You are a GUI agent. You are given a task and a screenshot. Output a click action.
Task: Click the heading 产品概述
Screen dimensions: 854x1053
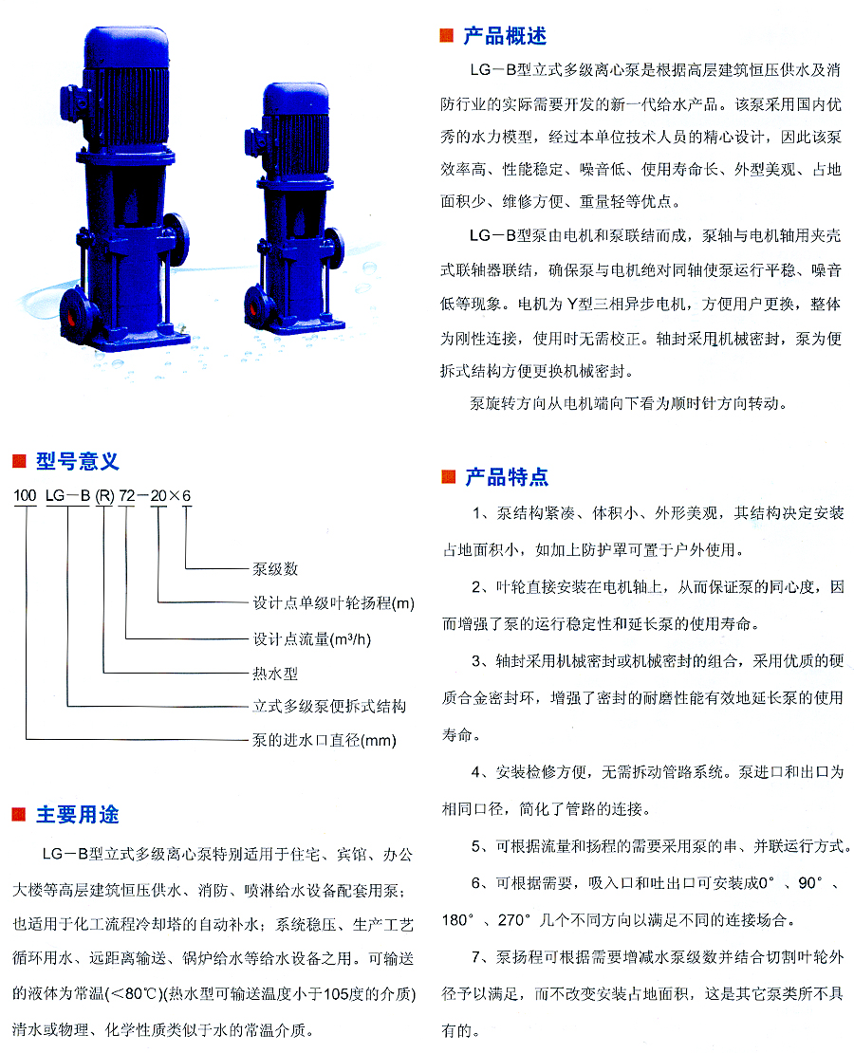(505, 36)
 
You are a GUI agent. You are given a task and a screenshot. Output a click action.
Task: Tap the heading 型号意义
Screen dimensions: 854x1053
(77, 461)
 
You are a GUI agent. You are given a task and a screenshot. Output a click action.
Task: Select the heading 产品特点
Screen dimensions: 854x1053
(507, 477)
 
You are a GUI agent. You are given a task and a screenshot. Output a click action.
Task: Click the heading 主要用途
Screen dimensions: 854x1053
(77, 815)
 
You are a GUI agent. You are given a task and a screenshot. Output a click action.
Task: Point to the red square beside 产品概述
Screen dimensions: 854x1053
(447, 36)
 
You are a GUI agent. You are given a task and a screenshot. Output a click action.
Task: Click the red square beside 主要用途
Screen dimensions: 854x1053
(19, 815)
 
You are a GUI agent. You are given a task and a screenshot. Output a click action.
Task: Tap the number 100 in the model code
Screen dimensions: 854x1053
(25, 495)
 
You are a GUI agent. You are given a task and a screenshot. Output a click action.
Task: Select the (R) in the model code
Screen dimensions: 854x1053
(104, 495)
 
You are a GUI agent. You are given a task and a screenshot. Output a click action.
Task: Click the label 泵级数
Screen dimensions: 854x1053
(275, 569)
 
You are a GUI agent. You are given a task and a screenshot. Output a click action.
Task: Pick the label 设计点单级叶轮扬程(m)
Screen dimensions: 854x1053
(333, 603)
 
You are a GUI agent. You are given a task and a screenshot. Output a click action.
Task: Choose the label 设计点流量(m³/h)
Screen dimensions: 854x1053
(312, 638)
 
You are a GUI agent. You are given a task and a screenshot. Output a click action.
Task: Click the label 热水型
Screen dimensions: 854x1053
(275, 673)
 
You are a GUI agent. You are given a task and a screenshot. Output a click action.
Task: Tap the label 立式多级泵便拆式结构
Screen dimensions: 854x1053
(329, 706)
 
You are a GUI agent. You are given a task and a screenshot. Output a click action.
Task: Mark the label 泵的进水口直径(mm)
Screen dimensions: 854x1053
(325, 740)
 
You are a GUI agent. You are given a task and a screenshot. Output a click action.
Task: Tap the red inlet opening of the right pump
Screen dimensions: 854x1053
(254, 306)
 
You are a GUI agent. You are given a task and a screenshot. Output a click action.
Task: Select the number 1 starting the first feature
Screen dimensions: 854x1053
(476, 513)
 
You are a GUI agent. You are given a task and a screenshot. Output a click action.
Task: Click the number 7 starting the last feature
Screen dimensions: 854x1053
(476, 956)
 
